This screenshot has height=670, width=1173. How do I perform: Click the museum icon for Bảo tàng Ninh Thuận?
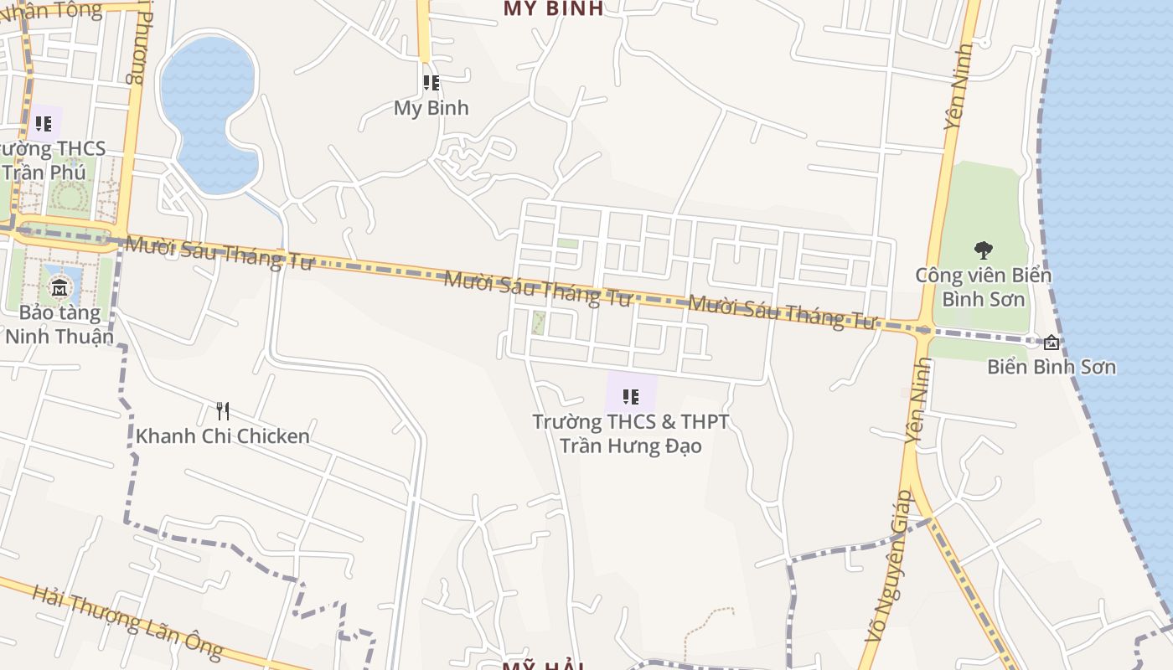[59, 289]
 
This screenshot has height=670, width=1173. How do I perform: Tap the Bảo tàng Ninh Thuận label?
[59, 325]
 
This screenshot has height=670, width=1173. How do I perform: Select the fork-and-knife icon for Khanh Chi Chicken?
[222, 410]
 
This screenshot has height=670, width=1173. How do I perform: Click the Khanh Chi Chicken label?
[222, 436]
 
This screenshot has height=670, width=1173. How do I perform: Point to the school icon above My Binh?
[431, 83]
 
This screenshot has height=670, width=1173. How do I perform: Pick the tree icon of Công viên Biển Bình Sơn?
[983, 250]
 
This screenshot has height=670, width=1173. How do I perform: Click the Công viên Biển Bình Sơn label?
[983, 286]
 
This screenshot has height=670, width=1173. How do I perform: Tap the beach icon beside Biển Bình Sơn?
[1052, 342]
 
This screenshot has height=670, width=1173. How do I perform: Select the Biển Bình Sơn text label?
[1051, 367]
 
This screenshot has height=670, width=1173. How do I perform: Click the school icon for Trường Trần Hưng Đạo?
[631, 396]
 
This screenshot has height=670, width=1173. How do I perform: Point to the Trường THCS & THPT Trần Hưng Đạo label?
[631, 433]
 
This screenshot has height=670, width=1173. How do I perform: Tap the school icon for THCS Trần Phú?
[44, 125]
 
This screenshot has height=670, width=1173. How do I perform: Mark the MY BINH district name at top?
[553, 8]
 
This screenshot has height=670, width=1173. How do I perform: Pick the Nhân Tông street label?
[50, 10]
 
